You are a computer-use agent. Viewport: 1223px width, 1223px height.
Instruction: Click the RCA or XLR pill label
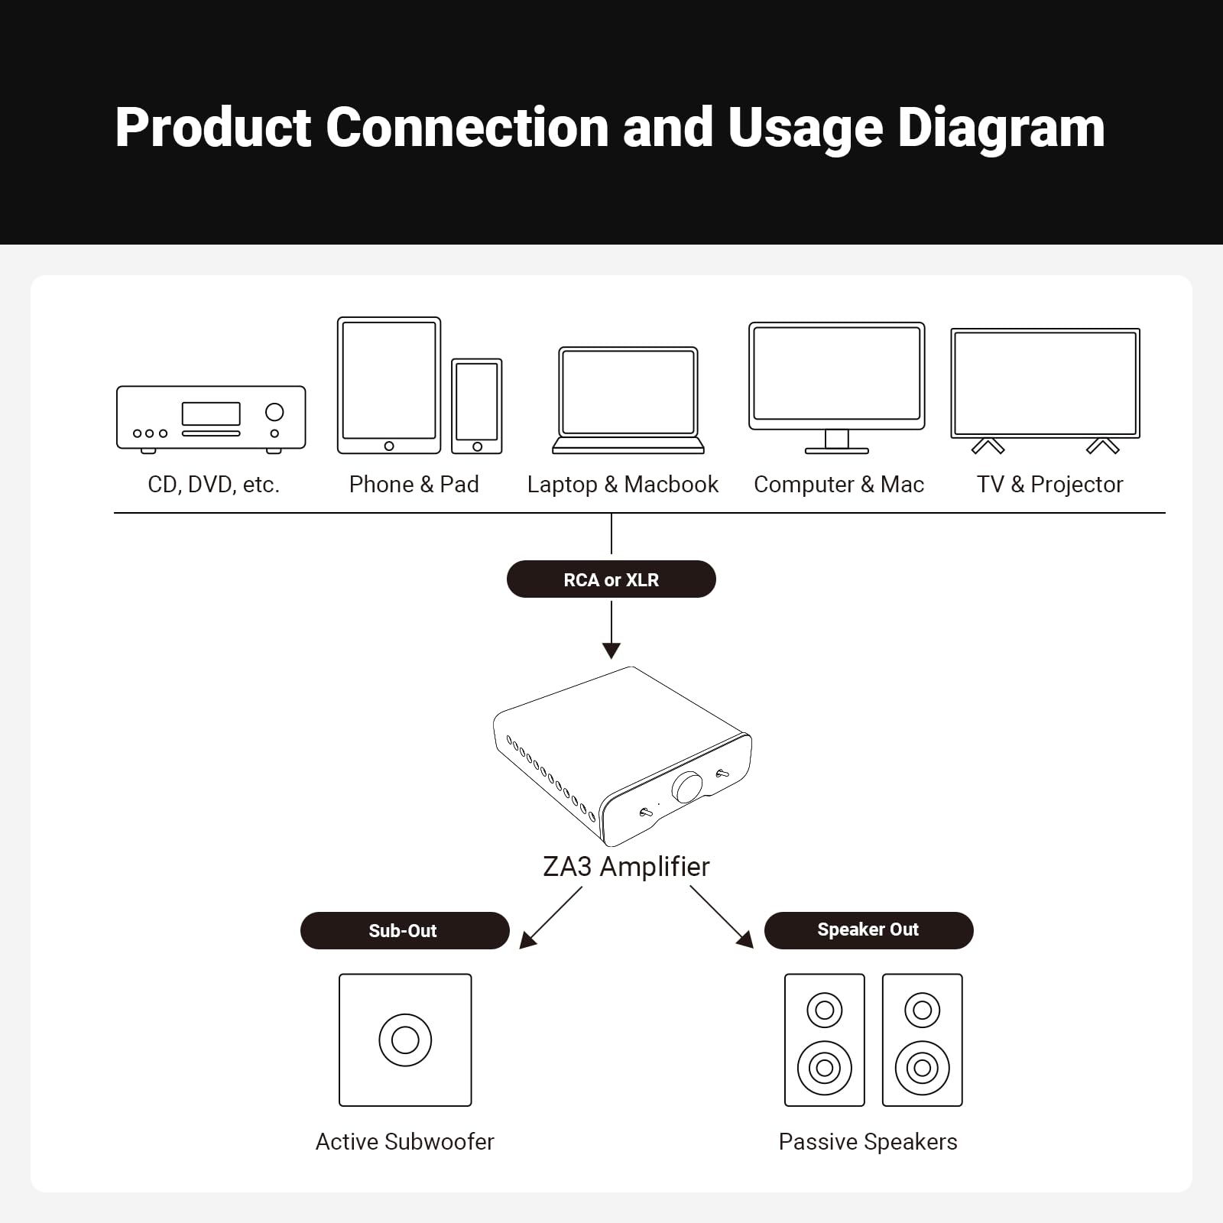pos(611,579)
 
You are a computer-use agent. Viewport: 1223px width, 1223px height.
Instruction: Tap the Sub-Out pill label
pos(404,930)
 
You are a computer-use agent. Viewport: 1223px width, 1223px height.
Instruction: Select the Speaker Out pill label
pos(868,929)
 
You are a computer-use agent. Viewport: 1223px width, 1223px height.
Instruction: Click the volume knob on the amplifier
pos(687,787)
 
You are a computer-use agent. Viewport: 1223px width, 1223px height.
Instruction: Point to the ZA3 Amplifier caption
pos(626,867)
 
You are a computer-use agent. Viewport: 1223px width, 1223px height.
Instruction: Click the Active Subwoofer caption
pos(404,1141)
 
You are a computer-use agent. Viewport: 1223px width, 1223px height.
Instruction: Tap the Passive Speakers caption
pos(868,1141)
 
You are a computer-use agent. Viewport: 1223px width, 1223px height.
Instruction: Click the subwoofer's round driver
pos(405,1040)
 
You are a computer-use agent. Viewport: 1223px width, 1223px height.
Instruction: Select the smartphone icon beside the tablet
pos(477,406)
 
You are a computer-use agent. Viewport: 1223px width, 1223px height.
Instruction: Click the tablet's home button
pos(389,446)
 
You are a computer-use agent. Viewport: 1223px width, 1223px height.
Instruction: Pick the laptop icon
pos(628,400)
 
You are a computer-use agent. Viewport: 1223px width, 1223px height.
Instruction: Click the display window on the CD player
pos(211,414)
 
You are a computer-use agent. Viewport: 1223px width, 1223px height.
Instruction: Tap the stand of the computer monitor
pos(837,442)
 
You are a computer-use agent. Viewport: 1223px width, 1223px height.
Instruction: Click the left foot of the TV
pos(988,446)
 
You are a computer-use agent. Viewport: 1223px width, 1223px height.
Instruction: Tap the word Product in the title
pos(213,128)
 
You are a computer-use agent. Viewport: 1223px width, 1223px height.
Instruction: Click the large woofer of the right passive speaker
pos(922,1067)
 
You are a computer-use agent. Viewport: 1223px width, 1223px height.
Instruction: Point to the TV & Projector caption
pos(1049,485)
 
